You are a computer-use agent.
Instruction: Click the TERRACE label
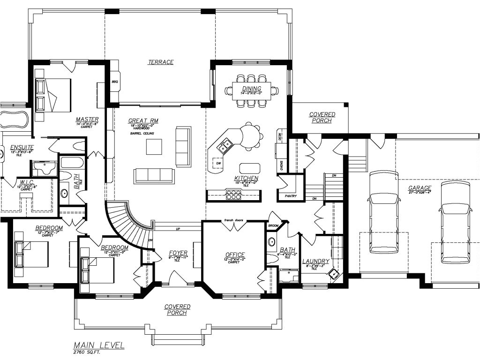coord(161,62)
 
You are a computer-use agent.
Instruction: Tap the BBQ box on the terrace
coord(115,82)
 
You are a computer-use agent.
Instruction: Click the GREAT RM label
coord(143,121)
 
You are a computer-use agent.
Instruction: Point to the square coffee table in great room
coord(154,147)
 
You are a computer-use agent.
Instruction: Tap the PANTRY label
coord(291,196)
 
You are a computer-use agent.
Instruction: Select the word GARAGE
coord(420,188)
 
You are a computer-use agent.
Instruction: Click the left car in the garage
coord(383,212)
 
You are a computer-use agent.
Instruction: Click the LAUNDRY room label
coord(315,261)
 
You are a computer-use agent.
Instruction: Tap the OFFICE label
coord(234,255)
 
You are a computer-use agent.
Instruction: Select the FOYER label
coord(178,253)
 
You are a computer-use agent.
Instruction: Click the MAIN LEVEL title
coord(98,345)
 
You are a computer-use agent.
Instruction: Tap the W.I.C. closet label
coord(25,182)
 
